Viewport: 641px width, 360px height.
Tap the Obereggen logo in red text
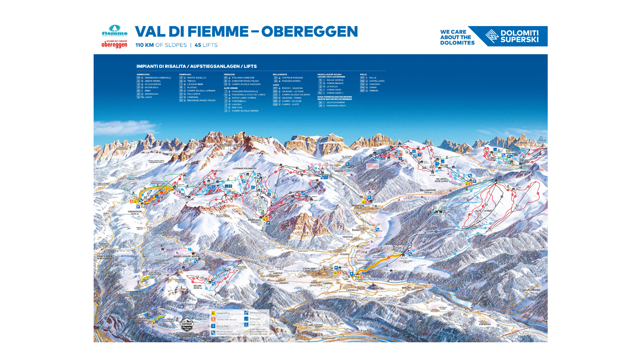click(114, 44)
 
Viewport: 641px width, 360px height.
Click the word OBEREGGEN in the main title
click(310, 32)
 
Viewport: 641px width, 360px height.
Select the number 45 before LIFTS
click(198, 45)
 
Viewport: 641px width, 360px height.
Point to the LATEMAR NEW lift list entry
click(195, 84)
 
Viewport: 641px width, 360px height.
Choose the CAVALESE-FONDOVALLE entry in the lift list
click(245, 91)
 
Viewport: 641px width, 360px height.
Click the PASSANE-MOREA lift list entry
click(291, 81)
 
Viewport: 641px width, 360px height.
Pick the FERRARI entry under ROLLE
click(373, 91)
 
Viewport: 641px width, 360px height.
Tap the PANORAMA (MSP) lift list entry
click(336, 106)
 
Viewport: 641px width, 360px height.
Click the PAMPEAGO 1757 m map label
click(254, 221)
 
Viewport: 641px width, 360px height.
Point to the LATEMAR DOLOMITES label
click(244, 168)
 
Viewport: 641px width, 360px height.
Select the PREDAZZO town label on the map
click(358, 206)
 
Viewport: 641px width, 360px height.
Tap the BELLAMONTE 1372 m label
click(428, 191)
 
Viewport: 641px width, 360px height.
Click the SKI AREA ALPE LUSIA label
click(441, 180)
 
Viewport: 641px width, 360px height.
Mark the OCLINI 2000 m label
click(198, 286)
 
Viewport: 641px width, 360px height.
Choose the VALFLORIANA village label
click(531, 290)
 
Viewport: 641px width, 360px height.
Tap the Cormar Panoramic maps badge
click(187, 325)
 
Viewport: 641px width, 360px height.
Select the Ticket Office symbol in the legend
click(213, 313)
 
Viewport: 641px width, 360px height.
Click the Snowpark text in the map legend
click(255, 319)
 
